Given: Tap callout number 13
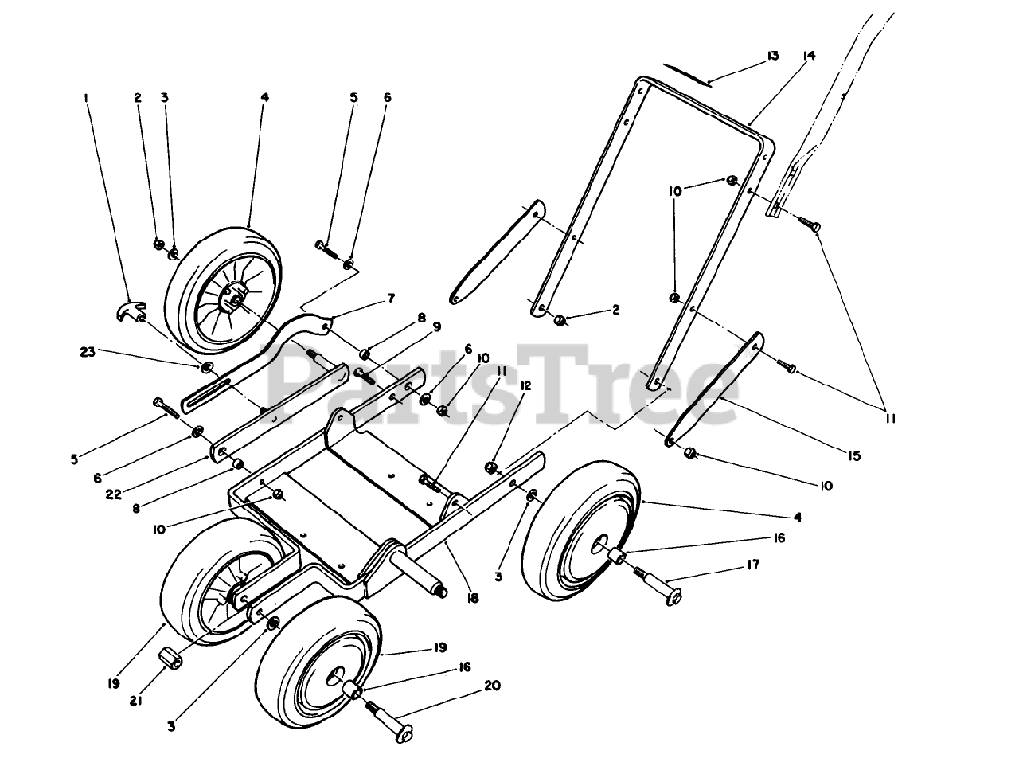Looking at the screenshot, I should (x=771, y=56).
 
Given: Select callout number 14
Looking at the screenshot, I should (x=810, y=56).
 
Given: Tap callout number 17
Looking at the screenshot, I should (x=753, y=565).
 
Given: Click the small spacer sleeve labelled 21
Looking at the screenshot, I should (x=169, y=659).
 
